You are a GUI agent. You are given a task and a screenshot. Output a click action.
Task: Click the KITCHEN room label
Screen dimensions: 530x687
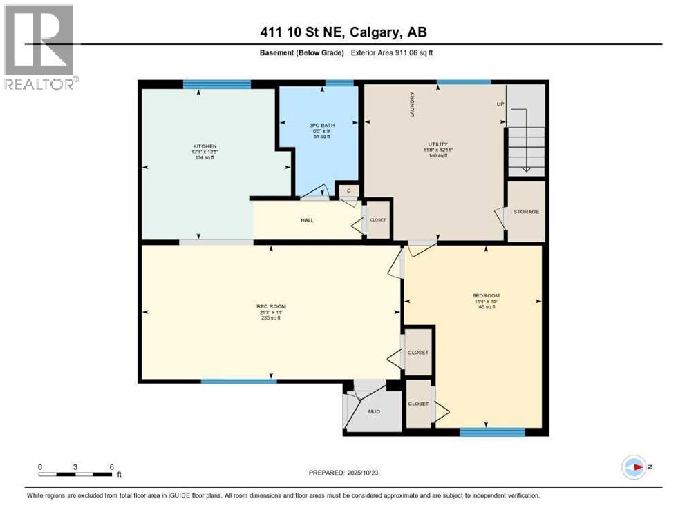pyautogui.click(x=205, y=146)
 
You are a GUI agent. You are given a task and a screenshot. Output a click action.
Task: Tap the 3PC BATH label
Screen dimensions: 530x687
pyautogui.click(x=319, y=126)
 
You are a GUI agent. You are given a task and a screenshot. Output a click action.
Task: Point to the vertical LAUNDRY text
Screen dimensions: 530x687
pyautogui.click(x=412, y=104)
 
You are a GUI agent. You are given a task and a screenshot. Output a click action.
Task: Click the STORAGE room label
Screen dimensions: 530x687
pyautogui.click(x=526, y=211)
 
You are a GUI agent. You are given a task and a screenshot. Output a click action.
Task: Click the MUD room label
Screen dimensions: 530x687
pyautogui.click(x=374, y=411)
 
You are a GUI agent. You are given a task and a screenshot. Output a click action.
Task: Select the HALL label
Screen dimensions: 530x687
pyautogui.click(x=307, y=220)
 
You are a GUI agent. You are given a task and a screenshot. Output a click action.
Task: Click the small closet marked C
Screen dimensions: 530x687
pyautogui.click(x=349, y=190)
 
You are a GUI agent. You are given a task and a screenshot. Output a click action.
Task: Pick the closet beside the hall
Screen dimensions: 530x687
pyautogui.click(x=378, y=220)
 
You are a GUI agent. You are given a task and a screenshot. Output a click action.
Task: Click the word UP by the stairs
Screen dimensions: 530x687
pyautogui.click(x=500, y=104)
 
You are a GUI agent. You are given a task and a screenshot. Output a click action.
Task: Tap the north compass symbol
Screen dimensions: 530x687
pyautogui.click(x=633, y=467)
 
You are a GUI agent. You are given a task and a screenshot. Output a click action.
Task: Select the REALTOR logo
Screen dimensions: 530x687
pyautogui.click(x=39, y=47)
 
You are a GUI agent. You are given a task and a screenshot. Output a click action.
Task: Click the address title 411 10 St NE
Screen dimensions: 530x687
pyautogui.click(x=343, y=32)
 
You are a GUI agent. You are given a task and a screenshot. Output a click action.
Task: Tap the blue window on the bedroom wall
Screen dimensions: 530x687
pyautogui.click(x=492, y=432)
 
